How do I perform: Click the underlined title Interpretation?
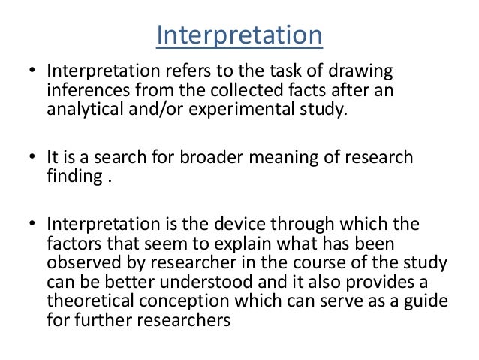click(239, 35)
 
